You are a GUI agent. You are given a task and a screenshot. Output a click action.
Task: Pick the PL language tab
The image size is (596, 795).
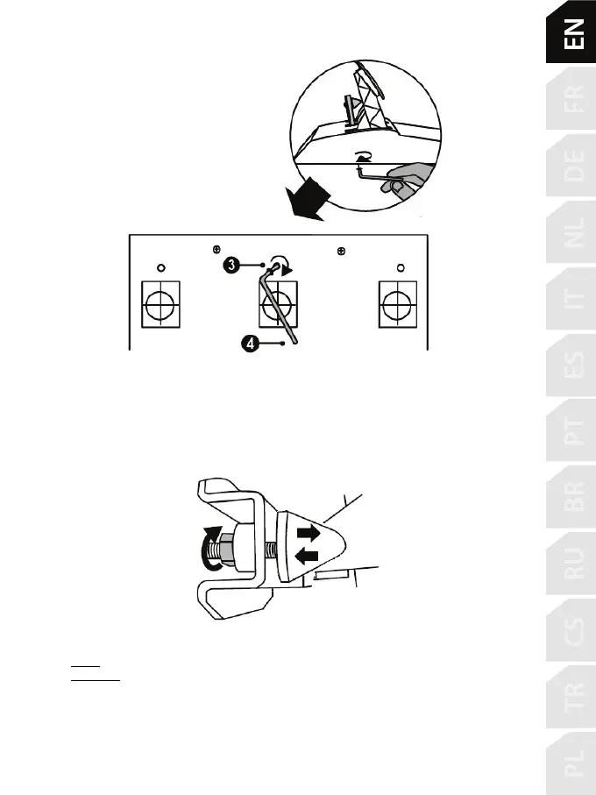point(573,764)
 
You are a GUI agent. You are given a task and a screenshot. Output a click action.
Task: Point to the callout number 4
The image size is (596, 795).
point(251,344)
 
